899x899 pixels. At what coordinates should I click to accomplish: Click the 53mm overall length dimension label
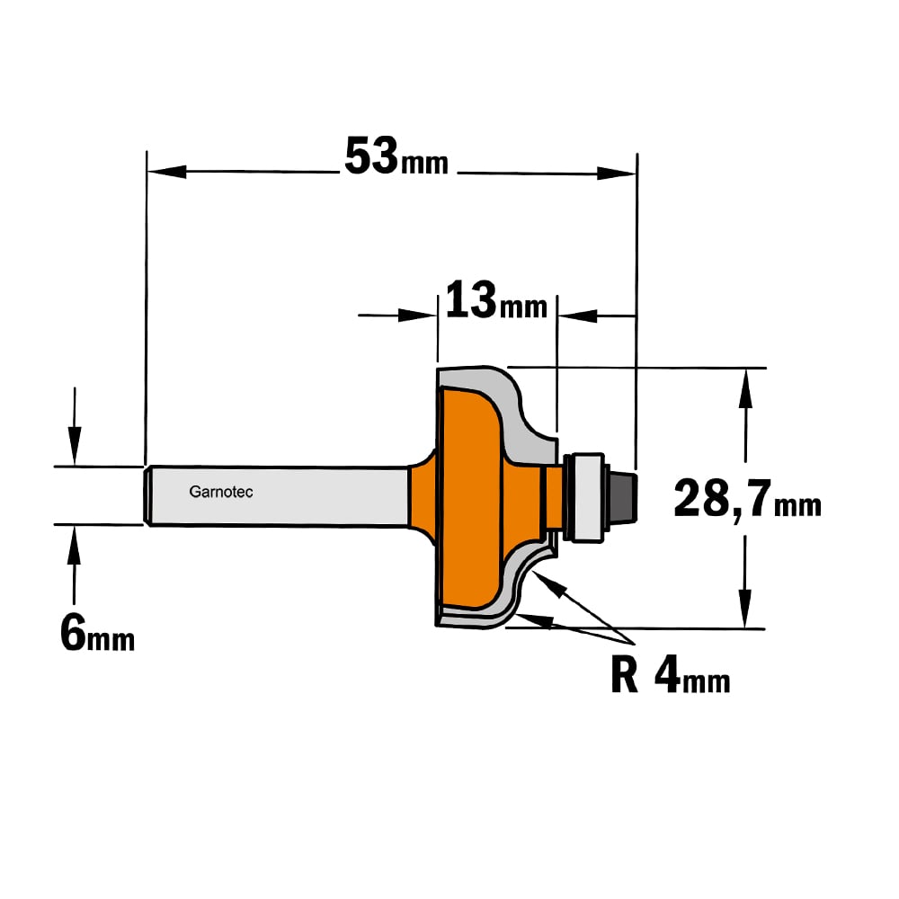click(x=396, y=156)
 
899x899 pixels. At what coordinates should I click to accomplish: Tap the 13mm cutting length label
click(x=496, y=299)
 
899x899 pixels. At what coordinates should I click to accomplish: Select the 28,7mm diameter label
click(x=747, y=499)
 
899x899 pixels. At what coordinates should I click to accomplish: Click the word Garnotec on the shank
click(x=221, y=492)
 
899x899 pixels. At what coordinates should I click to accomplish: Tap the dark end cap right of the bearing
click(x=622, y=496)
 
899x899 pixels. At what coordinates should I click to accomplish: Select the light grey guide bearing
click(x=585, y=497)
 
